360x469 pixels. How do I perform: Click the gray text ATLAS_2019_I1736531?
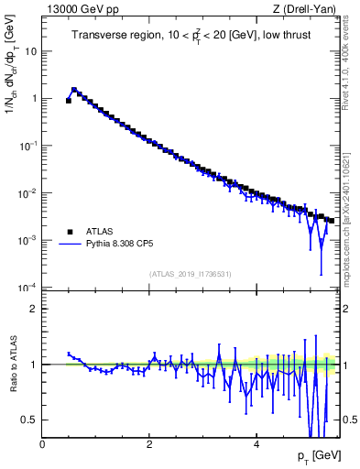191,274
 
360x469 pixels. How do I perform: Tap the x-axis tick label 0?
42,444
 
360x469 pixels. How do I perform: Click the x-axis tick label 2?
148,444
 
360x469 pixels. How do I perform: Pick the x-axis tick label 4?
256,444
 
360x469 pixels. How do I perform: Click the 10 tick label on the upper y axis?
29,51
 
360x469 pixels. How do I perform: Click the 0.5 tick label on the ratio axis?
29,420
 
